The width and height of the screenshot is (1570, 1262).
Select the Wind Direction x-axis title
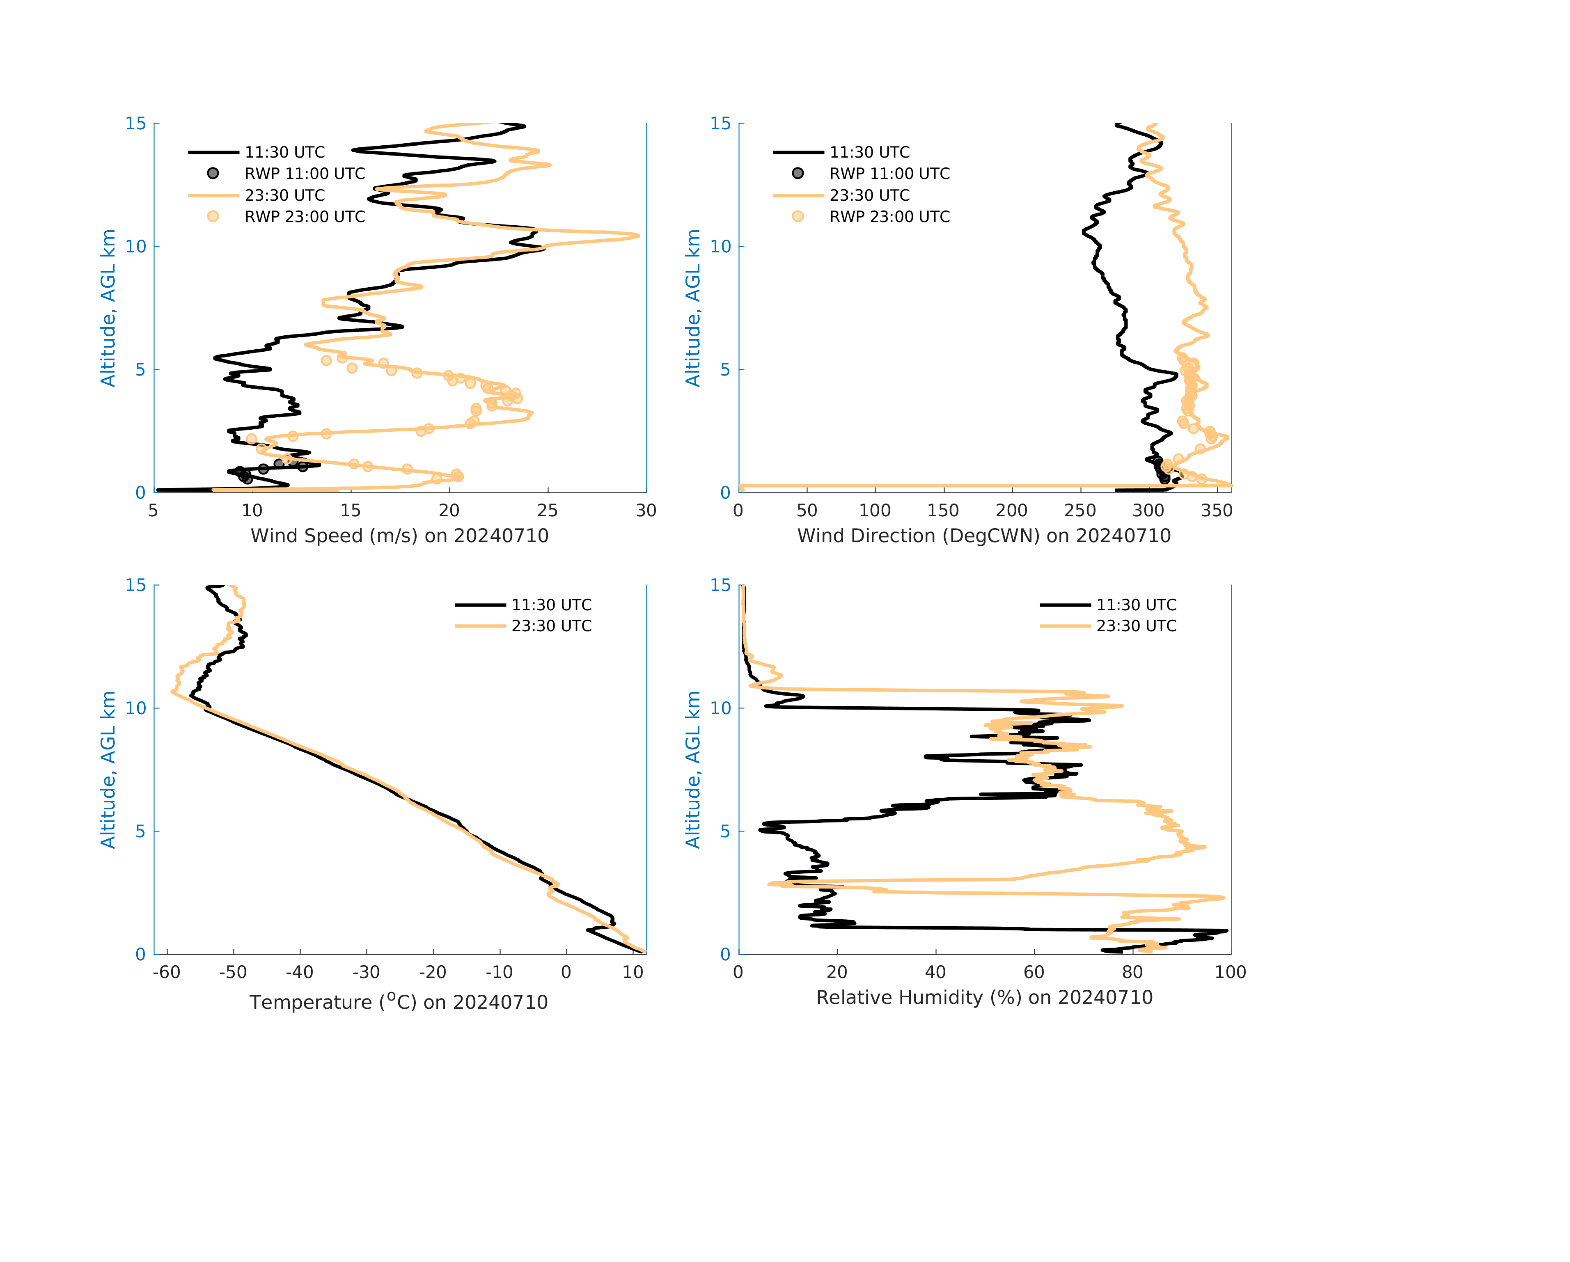(x=984, y=536)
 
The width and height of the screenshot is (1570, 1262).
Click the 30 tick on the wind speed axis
(x=646, y=511)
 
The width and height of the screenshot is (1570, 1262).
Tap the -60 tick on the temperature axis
(x=167, y=972)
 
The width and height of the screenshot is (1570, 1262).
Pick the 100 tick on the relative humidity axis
(x=1230, y=972)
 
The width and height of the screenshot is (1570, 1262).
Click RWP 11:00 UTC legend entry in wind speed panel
(x=305, y=173)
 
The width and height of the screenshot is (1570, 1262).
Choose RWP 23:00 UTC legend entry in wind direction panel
(x=889, y=216)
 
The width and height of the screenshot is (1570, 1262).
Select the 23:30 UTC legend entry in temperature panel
(x=551, y=625)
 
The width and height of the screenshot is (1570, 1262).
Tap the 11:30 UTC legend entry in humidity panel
(x=1136, y=605)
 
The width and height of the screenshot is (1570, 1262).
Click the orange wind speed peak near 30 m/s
(x=638, y=235)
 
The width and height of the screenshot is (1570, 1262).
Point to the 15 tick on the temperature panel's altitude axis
(x=136, y=586)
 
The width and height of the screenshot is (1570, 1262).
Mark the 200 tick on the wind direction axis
(x=1011, y=511)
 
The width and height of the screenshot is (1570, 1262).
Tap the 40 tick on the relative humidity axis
(x=935, y=972)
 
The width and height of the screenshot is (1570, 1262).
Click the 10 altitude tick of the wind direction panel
(x=720, y=246)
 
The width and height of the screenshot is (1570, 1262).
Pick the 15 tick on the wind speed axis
(x=350, y=511)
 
